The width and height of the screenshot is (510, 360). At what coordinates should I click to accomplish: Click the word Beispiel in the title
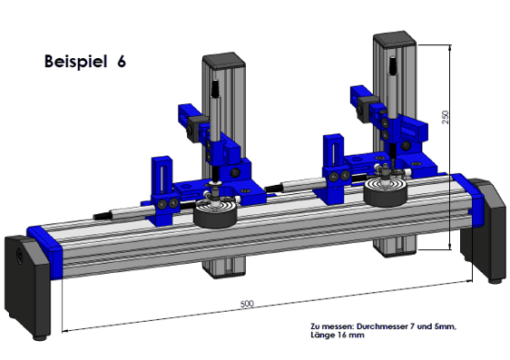[x=75, y=61]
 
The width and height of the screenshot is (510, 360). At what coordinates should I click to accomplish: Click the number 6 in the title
[x=122, y=61]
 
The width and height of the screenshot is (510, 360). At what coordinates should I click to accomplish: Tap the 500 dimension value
[x=247, y=304]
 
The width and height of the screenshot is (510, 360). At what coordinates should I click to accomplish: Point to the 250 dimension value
[x=446, y=117]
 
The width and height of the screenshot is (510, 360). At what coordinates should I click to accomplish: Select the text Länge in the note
[x=320, y=335]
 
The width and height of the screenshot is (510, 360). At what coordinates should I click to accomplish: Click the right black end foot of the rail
[x=485, y=229]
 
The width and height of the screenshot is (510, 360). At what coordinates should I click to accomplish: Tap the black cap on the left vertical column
[x=224, y=60]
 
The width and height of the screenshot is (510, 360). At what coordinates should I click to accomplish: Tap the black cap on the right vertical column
[x=395, y=40]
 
